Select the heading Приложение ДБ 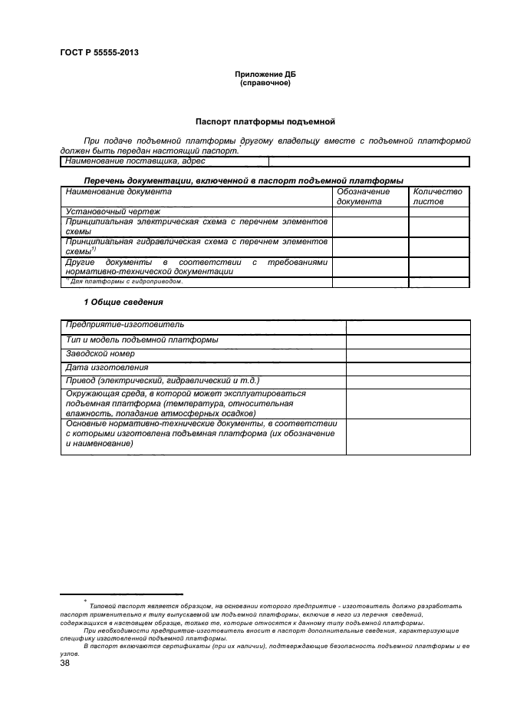[265, 74]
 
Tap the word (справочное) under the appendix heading [265, 82]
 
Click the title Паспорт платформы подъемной [265, 121]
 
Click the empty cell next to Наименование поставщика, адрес [368, 161]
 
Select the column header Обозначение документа [364, 197]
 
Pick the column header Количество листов [437, 197]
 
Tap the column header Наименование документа [118, 192]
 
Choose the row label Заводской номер [100, 354]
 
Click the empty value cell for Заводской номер [407, 354]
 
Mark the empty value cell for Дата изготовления [407, 368]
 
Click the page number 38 [65, 663]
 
